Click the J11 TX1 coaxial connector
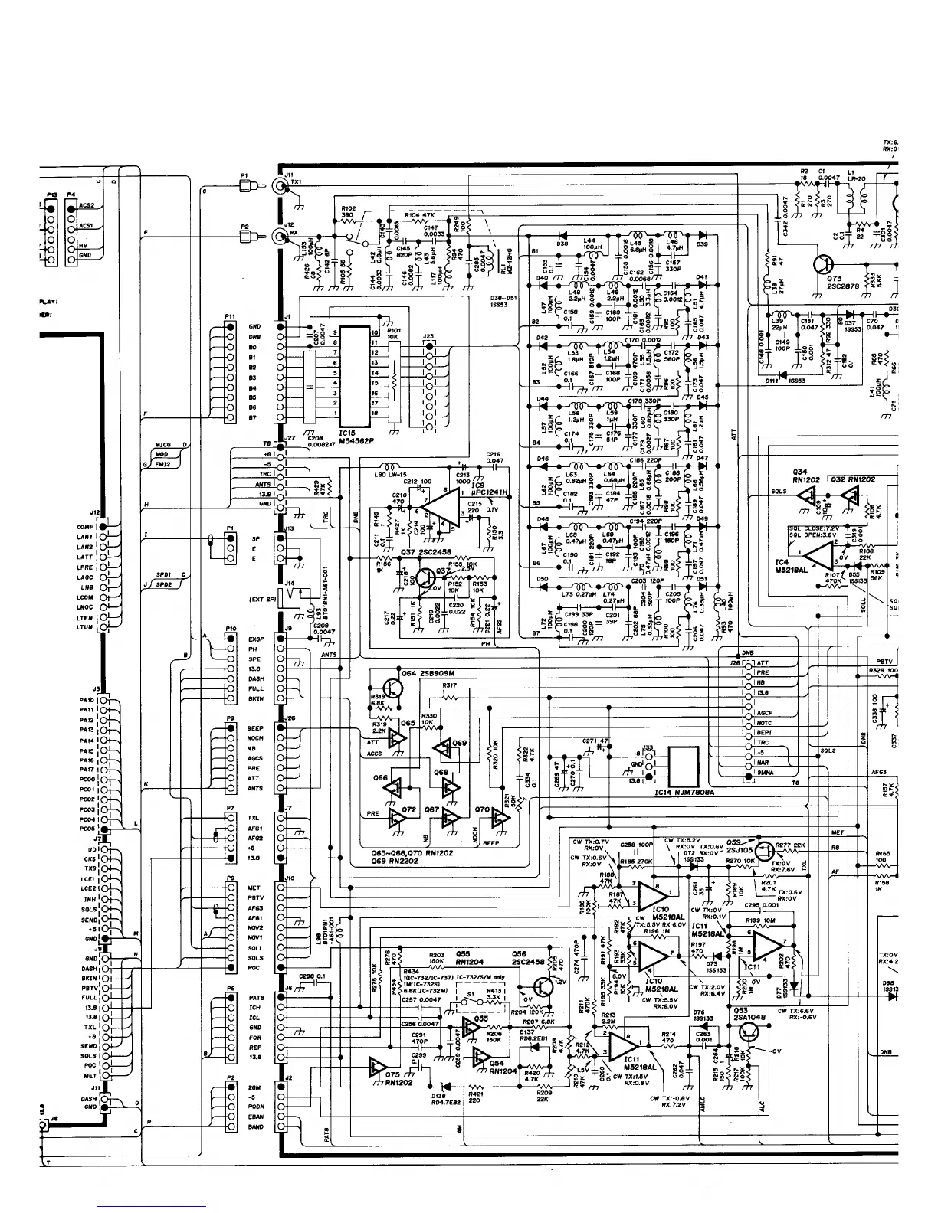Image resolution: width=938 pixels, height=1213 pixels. [x=280, y=186]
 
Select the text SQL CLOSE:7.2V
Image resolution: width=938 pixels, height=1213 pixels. [x=812, y=528]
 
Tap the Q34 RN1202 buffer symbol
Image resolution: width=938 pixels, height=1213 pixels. [x=807, y=496]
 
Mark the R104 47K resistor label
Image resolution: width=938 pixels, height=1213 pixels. [x=418, y=216]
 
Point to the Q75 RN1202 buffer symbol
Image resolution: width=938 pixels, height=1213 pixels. [x=377, y=1065]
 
